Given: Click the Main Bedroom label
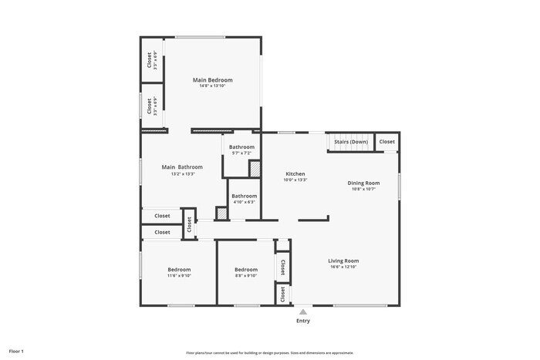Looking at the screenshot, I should tap(212, 79).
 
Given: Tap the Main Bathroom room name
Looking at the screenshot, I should tap(182, 167).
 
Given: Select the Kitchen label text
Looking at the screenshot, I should tap(296, 173).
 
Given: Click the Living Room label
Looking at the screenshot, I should tap(343, 261).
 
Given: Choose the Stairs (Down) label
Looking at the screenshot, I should tap(351, 142).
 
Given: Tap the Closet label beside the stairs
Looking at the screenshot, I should tap(386, 142).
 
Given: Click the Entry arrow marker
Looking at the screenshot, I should tap(302, 312).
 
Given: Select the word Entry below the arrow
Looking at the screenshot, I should tap(302, 322).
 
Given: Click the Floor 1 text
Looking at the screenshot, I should tap(16, 352).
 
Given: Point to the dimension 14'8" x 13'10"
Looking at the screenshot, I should tap(212, 86).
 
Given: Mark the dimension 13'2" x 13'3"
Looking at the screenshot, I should tap(182, 173).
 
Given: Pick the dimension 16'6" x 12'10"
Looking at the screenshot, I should tap(343, 267).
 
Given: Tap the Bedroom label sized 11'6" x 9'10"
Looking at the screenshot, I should tap(179, 269).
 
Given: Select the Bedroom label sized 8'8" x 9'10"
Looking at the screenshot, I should tap(246, 269).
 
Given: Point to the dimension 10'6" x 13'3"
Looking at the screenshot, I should tap(296, 180).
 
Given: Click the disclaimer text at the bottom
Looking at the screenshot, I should tap(270, 352).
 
